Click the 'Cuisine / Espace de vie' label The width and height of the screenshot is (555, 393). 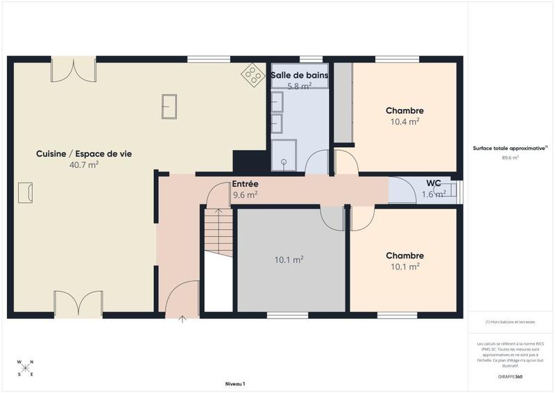(84, 153)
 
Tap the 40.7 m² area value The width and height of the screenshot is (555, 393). (84, 165)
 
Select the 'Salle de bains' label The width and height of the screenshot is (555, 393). (300, 75)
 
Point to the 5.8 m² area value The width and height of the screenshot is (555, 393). (300, 85)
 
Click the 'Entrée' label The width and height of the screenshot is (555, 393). (245, 184)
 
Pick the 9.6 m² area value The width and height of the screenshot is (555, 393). (245, 195)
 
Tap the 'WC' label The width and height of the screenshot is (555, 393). (434, 183)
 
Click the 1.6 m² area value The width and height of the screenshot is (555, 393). (434, 194)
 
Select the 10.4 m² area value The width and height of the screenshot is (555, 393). (404, 122)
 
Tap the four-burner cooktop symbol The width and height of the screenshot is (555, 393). (252, 74)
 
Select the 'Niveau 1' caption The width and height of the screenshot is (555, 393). (235, 383)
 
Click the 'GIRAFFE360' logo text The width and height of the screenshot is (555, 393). (510, 376)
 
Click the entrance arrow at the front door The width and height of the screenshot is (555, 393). (183, 319)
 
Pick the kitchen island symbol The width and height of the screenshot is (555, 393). (169, 106)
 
